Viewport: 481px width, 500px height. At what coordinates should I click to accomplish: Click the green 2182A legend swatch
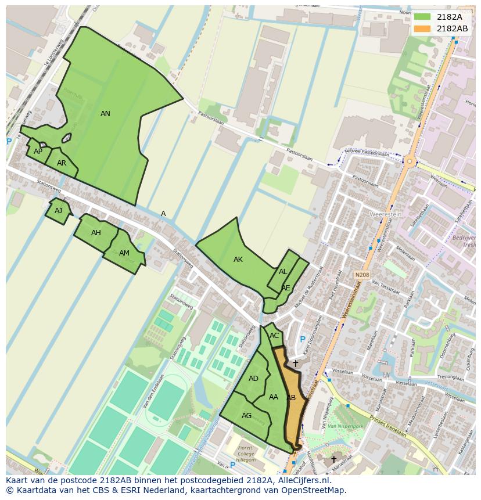click(x=422, y=17)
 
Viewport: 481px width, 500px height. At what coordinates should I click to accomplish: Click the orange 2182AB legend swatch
click(x=422, y=28)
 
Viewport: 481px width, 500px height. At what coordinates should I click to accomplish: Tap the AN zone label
click(x=105, y=114)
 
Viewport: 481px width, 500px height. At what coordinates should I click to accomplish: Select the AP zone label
click(x=38, y=152)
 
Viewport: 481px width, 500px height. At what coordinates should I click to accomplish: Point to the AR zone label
click(x=62, y=163)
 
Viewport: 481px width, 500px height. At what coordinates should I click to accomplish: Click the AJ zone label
click(x=58, y=211)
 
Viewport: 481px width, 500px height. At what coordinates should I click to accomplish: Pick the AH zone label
click(x=96, y=233)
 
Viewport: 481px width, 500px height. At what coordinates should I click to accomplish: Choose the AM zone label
click(x=124, y=253)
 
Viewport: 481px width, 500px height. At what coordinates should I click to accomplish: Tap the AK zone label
click(x=238, y=260)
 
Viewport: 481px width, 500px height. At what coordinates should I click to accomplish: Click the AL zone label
click(x=283, y=272)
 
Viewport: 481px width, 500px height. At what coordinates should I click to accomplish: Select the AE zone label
click(x=285, y=288)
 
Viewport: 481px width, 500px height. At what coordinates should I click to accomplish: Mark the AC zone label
click(x=274, y=336)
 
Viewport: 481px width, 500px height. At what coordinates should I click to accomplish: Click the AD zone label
click(x=253, y=379)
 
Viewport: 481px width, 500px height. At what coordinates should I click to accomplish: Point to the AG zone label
click(x=246, y=416)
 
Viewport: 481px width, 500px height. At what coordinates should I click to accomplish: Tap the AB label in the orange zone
click(x=291, y=398)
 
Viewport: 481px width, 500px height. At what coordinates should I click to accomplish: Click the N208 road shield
click(x=361, y=275)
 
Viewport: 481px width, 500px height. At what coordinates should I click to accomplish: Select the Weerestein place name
click(x=386, y=214)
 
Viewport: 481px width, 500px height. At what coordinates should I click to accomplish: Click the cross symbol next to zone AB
click(x=295, y=364)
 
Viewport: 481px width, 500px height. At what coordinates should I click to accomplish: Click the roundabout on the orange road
click(x=410, y=161)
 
